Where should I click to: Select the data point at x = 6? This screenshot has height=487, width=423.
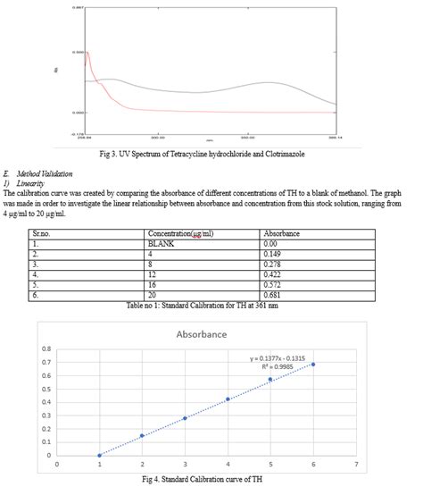tap(313, 364)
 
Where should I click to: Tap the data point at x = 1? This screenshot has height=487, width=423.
tap(99, 455)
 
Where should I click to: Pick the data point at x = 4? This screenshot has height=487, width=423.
tap(228, 399)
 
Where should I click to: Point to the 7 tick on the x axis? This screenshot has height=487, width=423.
tap(356, 465)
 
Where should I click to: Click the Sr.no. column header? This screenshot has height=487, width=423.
tap(31, 232)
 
